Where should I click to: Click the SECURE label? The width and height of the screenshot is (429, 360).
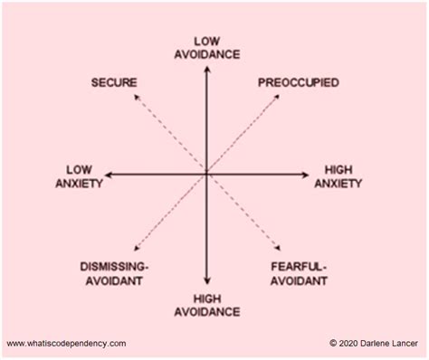click(x=114, y=83)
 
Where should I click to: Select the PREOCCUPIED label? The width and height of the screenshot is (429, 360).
click(x=299, y=83)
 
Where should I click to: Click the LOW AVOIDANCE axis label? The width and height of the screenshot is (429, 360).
click(x=208, y=47)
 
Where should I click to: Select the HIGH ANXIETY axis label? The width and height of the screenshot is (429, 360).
click(x=338, y=176)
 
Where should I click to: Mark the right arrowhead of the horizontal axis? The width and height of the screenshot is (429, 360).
click(x=309, y=172)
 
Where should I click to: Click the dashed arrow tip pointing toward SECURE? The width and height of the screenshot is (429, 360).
click(x=135, y=98)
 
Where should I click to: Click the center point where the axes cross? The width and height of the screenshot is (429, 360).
click(x=207, y=172)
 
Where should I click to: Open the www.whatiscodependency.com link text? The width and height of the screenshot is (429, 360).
click(x=67, y=343)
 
